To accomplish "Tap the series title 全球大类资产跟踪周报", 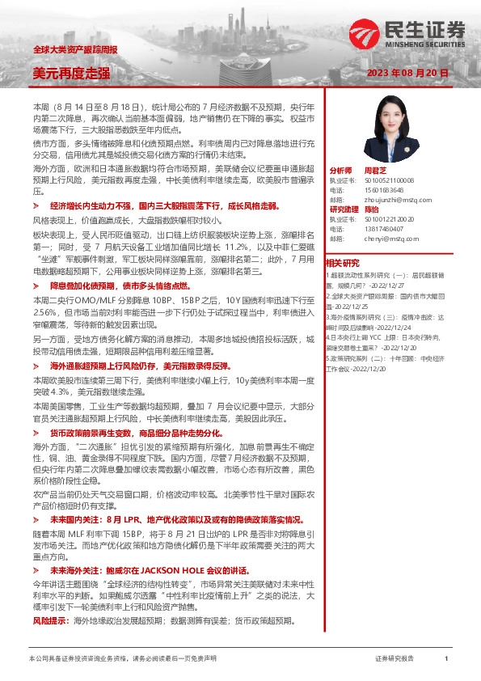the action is (74, 50).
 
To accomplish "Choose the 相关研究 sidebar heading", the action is (342, 264).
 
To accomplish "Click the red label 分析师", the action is (341, 171).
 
